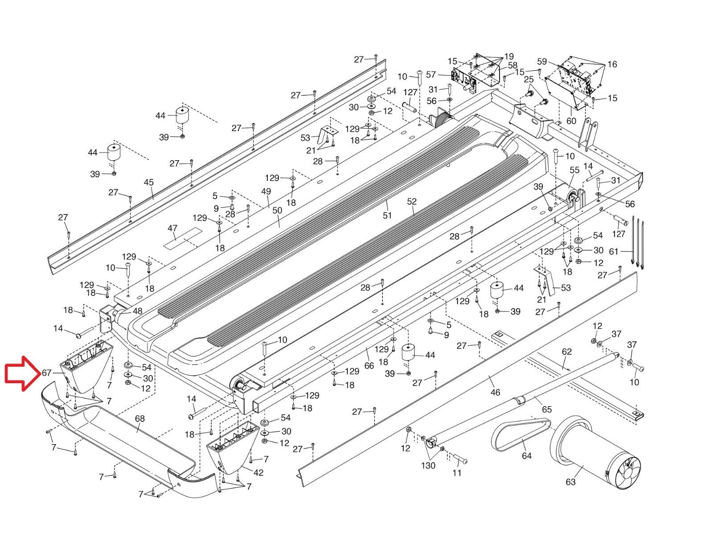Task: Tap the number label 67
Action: click(47, 373)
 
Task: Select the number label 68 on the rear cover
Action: click(139, 419)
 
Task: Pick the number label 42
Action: click(258, 473)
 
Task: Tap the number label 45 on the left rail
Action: click(148, 182)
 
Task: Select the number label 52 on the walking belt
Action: click(411, 202)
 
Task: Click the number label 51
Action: click(387, 215)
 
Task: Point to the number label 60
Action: click(571, 121)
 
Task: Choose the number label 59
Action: click(541, 61)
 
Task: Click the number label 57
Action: click(430, 74)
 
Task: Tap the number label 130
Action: click(428, 465)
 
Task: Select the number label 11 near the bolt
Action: click(457, 473)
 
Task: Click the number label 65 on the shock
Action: click(547, 409)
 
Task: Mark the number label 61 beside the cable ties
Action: click(614, 251)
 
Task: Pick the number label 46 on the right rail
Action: click(495, 392)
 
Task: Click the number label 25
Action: click(529, 79)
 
